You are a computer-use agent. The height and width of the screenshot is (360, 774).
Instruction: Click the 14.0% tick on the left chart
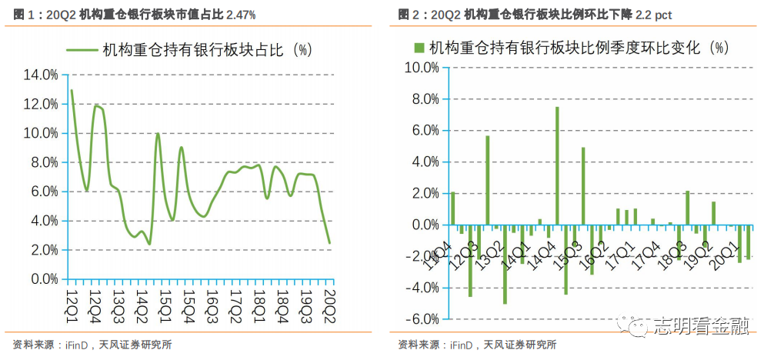tap(41, 75)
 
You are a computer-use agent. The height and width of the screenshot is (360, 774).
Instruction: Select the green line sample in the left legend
tap(82, 50)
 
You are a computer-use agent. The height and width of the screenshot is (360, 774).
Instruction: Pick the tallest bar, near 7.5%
tap(557, 166)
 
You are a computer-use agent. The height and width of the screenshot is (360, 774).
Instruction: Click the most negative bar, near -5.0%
tap(505, 264)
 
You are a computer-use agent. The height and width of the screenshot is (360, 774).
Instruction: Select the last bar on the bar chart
tap(749, 242)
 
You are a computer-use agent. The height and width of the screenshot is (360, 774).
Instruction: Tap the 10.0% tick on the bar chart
tap(422, 68)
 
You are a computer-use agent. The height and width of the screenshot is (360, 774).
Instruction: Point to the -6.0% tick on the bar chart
tap(422, 319)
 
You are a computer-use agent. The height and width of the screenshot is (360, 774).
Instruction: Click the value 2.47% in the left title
tap(241, 15)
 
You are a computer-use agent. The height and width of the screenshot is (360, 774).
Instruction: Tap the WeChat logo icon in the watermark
tap(635, 326)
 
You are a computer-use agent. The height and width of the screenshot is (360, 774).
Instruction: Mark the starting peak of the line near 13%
tap(72, 90)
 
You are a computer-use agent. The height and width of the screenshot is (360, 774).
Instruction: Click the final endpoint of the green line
tap(329, 243)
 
